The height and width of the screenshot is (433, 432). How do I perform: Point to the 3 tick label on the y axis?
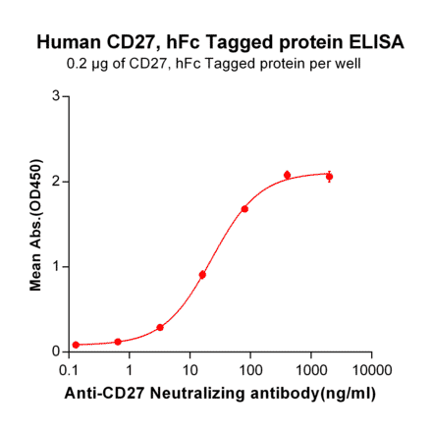[56, 96]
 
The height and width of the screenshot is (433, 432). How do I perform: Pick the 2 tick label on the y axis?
[56, 182]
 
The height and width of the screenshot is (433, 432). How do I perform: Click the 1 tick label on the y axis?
[56, 266]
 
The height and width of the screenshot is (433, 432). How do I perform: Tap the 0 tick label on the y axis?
[56, 352]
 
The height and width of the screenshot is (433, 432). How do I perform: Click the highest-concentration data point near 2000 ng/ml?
[330, 177]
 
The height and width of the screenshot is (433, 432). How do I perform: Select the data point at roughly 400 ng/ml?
[288, 175]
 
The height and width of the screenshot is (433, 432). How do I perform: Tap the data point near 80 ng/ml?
[244, 209]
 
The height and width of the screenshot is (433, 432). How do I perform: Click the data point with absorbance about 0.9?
[202, 275]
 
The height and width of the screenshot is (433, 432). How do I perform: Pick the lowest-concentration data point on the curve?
[76, 345]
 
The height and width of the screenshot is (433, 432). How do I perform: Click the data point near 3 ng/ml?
[160, 327]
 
